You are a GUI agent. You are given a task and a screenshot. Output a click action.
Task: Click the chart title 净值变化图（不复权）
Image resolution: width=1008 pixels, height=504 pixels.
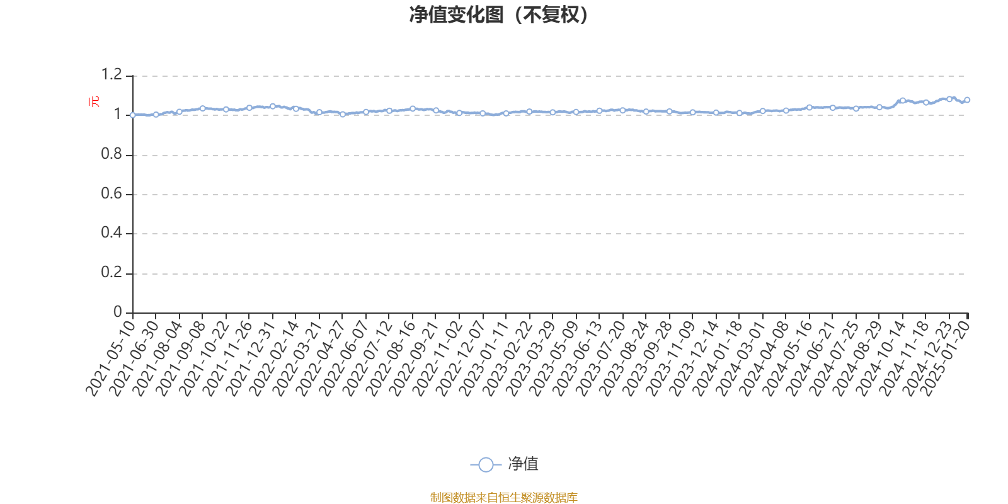pyautogui.click(x=499, y=15)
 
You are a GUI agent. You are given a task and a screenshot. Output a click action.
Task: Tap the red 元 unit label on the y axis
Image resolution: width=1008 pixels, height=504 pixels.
pyautogui.click(x=94, y=101)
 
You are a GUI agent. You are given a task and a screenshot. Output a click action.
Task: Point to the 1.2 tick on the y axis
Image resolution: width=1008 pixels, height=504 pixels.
pyautogui.click(x=112, y=74)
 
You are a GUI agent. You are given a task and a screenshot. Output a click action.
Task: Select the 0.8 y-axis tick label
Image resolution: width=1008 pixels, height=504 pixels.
pyautogui.click(x=112, y=154)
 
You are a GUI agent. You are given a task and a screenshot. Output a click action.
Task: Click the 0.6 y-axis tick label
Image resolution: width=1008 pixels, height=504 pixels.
pyautogui.click(x=112, y=193)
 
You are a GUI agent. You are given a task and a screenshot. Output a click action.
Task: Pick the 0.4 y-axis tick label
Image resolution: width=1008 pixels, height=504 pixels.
pyautogui.click(x=112, y=232)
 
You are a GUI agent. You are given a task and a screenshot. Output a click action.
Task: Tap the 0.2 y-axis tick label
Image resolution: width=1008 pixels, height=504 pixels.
pyautogui.click(x=112, y=272)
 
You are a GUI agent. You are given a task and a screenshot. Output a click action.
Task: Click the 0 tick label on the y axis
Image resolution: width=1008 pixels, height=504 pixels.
pyautogui.click(x=118, y=311)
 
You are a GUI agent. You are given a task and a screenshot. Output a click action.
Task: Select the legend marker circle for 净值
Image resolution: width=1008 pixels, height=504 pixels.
pyautogui.click(x=486, y=464)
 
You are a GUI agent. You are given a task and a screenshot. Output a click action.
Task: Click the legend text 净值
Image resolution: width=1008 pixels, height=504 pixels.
pyautogui.click(x=523, y=464)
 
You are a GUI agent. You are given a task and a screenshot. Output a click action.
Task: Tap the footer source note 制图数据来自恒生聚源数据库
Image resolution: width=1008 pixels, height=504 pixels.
pyautogui.click(x=503, y=497)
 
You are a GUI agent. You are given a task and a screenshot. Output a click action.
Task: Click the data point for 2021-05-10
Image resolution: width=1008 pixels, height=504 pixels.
pyautogui.click(x=133, y=115)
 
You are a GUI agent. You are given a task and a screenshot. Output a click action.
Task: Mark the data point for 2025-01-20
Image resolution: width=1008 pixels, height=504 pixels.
pyautogui.click(x=967, y=100)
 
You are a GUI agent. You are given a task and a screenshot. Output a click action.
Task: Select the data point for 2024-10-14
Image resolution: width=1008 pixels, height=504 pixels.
pyautogui.click(x=903, y=101)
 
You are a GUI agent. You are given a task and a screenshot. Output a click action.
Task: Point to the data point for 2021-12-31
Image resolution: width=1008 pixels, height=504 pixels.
pyautogui.click(x=273, y=106)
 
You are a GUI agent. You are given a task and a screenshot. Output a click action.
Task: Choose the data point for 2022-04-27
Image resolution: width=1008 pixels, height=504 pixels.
pyautogui.click(x=343, y=114)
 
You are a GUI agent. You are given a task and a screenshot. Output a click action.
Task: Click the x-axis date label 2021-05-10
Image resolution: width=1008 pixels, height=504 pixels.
pyautogui.click(x=111, y=358)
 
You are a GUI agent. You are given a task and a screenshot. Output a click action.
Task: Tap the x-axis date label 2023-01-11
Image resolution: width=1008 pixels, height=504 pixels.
pyautogui.click(x=484, y=358)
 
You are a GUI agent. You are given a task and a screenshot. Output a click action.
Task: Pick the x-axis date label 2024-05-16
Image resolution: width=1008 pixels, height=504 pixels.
pyautogui.click(x=787, y=358)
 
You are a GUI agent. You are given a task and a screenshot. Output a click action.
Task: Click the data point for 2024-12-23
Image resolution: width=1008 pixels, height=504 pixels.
pyautogui.click(x=949, y=99)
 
